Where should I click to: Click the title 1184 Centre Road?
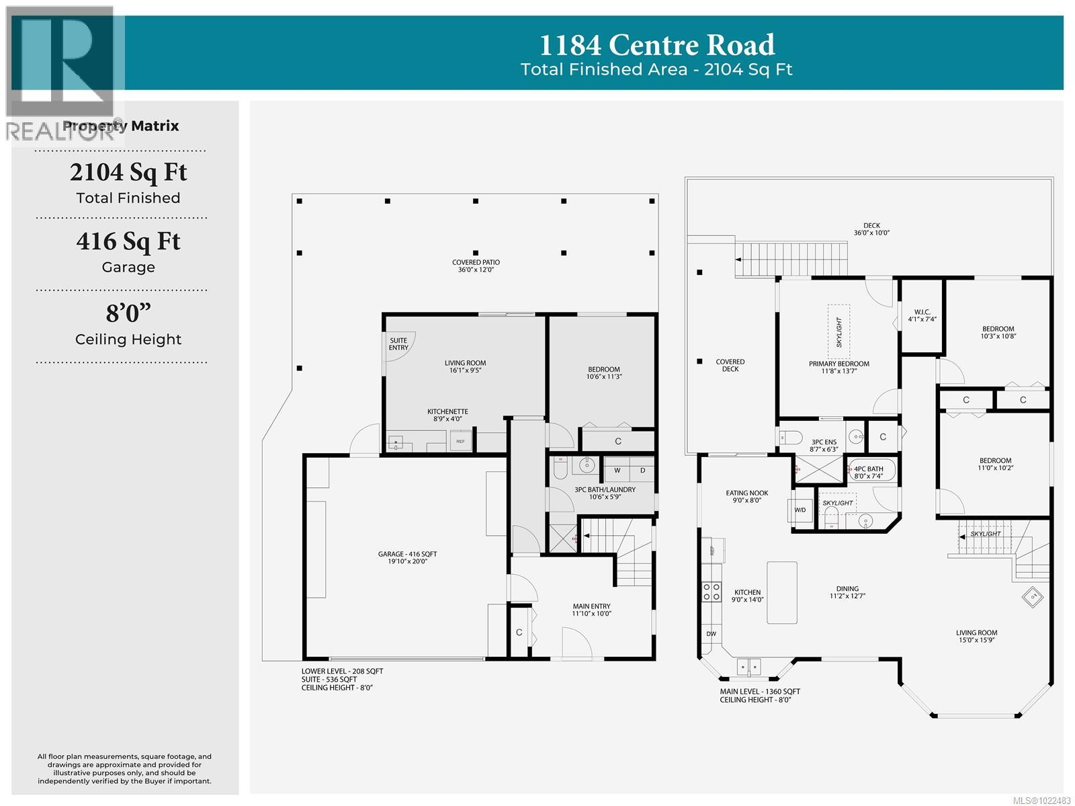[x=657, y=45]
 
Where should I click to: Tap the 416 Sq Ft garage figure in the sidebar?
[x=128, y=241]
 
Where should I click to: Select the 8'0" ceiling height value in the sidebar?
[x=128, y=313]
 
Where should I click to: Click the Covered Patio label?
[x=476, y=266]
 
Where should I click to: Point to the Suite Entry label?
[x=398, y=344]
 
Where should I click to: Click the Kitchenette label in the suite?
[x=447, y=415]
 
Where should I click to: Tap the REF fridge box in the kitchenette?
[x=460, y=442]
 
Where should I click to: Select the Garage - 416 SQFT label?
[x=407, y=557]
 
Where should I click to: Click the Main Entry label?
[x=591, y=609]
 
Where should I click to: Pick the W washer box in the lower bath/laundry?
[x=617, y=471]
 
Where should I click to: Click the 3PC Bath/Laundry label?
[x=605, y=492]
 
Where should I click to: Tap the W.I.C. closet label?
[x=922, y=315]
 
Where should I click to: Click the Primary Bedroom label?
[x=838, y=367]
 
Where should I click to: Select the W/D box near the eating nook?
[x=800, y=510]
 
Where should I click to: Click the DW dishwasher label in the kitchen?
[x=711, y=634]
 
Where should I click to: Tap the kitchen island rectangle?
[x=781, y=592]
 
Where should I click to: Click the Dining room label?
[x=847, y=592]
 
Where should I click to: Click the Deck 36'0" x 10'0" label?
[x=871, y=229]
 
